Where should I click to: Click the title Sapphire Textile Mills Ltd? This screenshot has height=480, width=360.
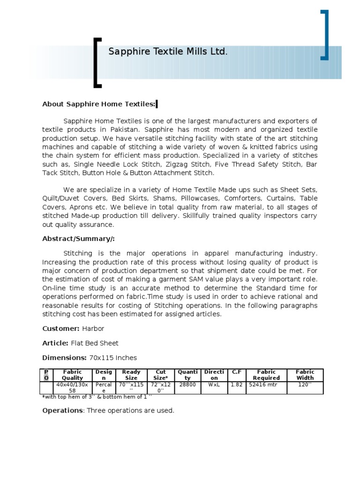pos(168,52)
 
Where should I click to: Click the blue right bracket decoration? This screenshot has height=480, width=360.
pos(324,35)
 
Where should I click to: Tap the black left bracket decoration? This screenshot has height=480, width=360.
pos(97,63)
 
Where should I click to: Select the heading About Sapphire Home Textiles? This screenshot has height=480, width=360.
pos(99,104)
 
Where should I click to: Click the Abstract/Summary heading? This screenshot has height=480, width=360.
pos(78,239)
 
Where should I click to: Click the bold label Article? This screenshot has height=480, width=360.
pos(55,343)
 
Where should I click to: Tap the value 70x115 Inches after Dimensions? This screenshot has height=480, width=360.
pos(112,358)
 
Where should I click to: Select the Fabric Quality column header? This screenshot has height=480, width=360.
pos(72,375)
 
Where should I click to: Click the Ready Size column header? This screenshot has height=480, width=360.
pos(131,375)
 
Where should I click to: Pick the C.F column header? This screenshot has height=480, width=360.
pos(237,372)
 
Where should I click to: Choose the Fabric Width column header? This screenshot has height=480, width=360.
pos(305,375)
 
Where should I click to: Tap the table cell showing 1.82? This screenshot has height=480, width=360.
pos(237,384)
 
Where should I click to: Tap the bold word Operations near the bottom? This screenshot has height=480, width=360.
pos(62,410)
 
